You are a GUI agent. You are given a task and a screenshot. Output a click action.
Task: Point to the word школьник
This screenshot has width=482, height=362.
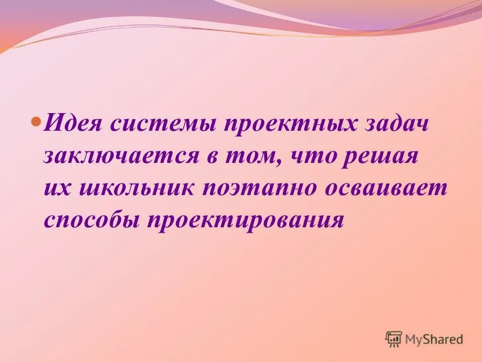tap(135, 188)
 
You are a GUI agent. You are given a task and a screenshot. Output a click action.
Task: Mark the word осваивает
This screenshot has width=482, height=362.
tap(387, 188)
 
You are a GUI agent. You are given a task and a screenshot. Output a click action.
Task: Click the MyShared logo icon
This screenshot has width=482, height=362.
tap(394, 339)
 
